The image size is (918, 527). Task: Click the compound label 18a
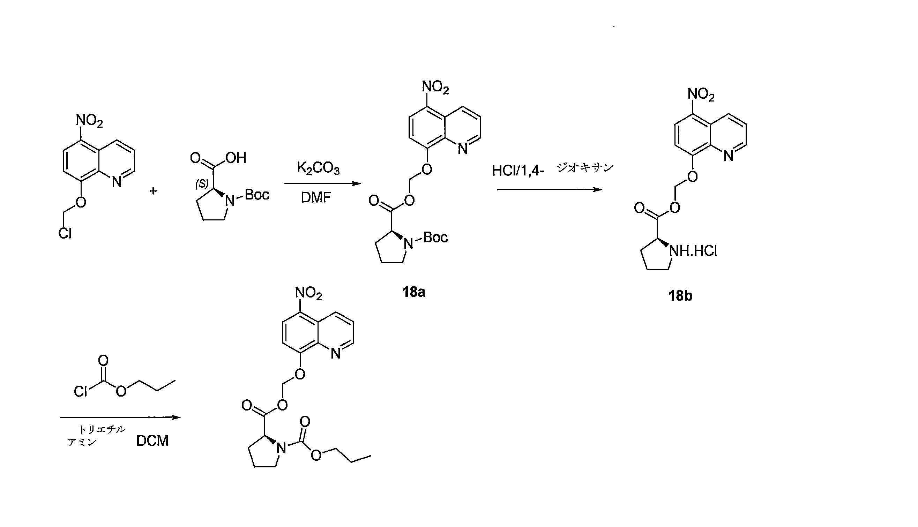coord(413,292)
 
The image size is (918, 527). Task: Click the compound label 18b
coord(680,296)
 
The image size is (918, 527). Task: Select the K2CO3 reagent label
coord(318,168)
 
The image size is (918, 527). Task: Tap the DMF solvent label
coord(316,198)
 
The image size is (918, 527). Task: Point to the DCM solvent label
coord(152,441)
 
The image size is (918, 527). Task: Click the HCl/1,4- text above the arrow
coord(518,171)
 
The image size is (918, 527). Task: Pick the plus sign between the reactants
coord(153,191)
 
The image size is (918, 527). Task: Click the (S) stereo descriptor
coord(202,184)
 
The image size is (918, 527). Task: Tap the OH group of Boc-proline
coord(236,158)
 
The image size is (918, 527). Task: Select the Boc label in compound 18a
coord(435,238)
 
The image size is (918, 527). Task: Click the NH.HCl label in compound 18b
coord(693,251)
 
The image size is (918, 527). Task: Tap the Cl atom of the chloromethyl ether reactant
coord(65,233)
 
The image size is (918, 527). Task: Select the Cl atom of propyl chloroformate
coord(80,392)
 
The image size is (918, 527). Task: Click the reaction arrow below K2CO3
coord(322,183)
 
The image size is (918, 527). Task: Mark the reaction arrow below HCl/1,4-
coord(549,190)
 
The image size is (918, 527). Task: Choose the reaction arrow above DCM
coord(120,417)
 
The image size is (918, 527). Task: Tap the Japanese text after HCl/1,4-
coord(585,167)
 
